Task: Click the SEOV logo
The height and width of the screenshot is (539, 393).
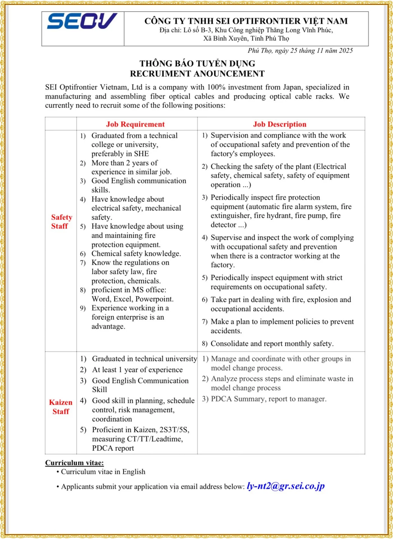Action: pos(82,21)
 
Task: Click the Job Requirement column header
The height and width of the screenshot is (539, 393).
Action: pos(135,124)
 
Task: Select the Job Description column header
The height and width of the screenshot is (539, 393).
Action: pos(280,124)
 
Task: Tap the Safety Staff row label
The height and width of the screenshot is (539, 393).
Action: pos(61,222)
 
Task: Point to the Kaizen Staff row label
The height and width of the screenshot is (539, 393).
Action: pos(61,407)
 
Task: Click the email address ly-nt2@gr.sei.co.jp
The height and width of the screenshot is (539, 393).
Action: pos(285,486)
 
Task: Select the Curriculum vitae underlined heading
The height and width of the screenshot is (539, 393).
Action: pos(74,463)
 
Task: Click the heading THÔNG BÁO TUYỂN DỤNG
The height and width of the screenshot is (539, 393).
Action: pos(197,63)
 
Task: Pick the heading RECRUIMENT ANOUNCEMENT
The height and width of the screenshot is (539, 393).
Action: pos(197,74)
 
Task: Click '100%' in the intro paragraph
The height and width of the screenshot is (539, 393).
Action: pos(216,87)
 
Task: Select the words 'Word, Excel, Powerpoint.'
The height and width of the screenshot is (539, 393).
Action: pos(132,299)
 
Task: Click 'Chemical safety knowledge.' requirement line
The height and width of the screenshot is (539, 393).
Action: pos(136,254)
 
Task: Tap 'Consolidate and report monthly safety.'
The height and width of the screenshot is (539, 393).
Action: pos(272,343)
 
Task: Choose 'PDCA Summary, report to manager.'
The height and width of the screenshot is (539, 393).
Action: pos(269,399)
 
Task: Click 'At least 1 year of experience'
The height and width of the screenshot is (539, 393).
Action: pos(137,370)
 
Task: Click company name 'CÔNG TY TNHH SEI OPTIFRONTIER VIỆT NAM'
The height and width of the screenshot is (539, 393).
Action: pos(246,21)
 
